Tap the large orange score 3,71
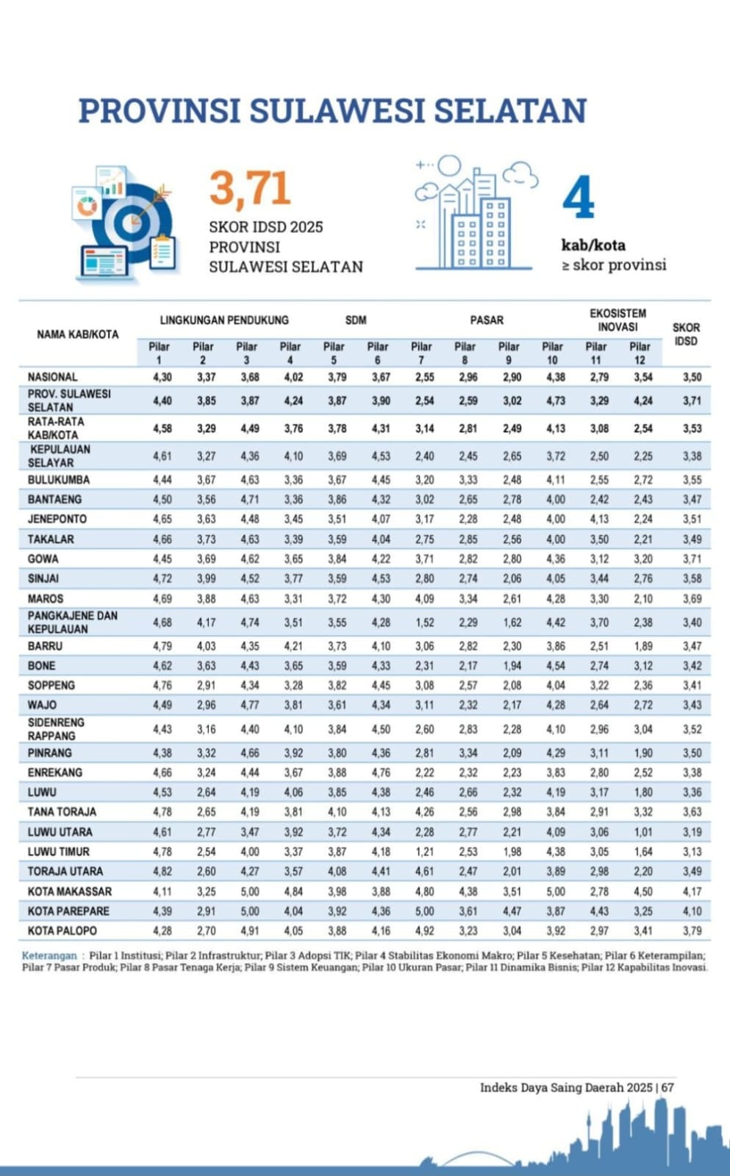[x=250, y=188]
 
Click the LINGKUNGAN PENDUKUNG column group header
[x=224, y=320]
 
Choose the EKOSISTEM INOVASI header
[x=618, y=320]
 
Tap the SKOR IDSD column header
[x=686, y=334]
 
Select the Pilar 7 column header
[x=421, y=353]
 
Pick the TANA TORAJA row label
[x=62, y=812]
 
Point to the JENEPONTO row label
[x=57, y=519]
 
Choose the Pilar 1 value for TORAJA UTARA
[x=162, y=872]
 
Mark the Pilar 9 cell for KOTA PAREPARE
[x=512, y=911]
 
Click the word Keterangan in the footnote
[x=49, y=955]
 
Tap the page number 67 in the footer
[x=667, y=1087]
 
